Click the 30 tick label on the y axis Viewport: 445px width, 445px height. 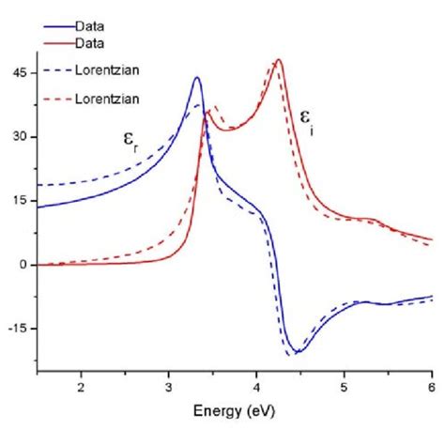pyautogui.click(x=18, y=137)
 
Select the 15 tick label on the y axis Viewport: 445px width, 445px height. pyautogui.click(x=18, y=201)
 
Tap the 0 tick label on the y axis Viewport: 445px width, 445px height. pyautogui.click(x=22, y=265)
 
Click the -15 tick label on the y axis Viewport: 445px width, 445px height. pyautogui.click(x=16, y=329)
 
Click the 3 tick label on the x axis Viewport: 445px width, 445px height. pyautogui.click(x=169, y=385)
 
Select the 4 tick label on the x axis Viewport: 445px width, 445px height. pyautogui.click(x=256, y=385)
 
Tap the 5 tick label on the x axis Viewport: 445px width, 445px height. pyautogui.click(x=345, y=385)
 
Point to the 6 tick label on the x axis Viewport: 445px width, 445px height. pyautogui.click(x=431, y=385)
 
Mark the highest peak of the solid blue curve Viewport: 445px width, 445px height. pyautogui.click(x=197, y=78)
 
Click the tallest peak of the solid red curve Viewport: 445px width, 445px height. pyautogui.click(x=279, y=60)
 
